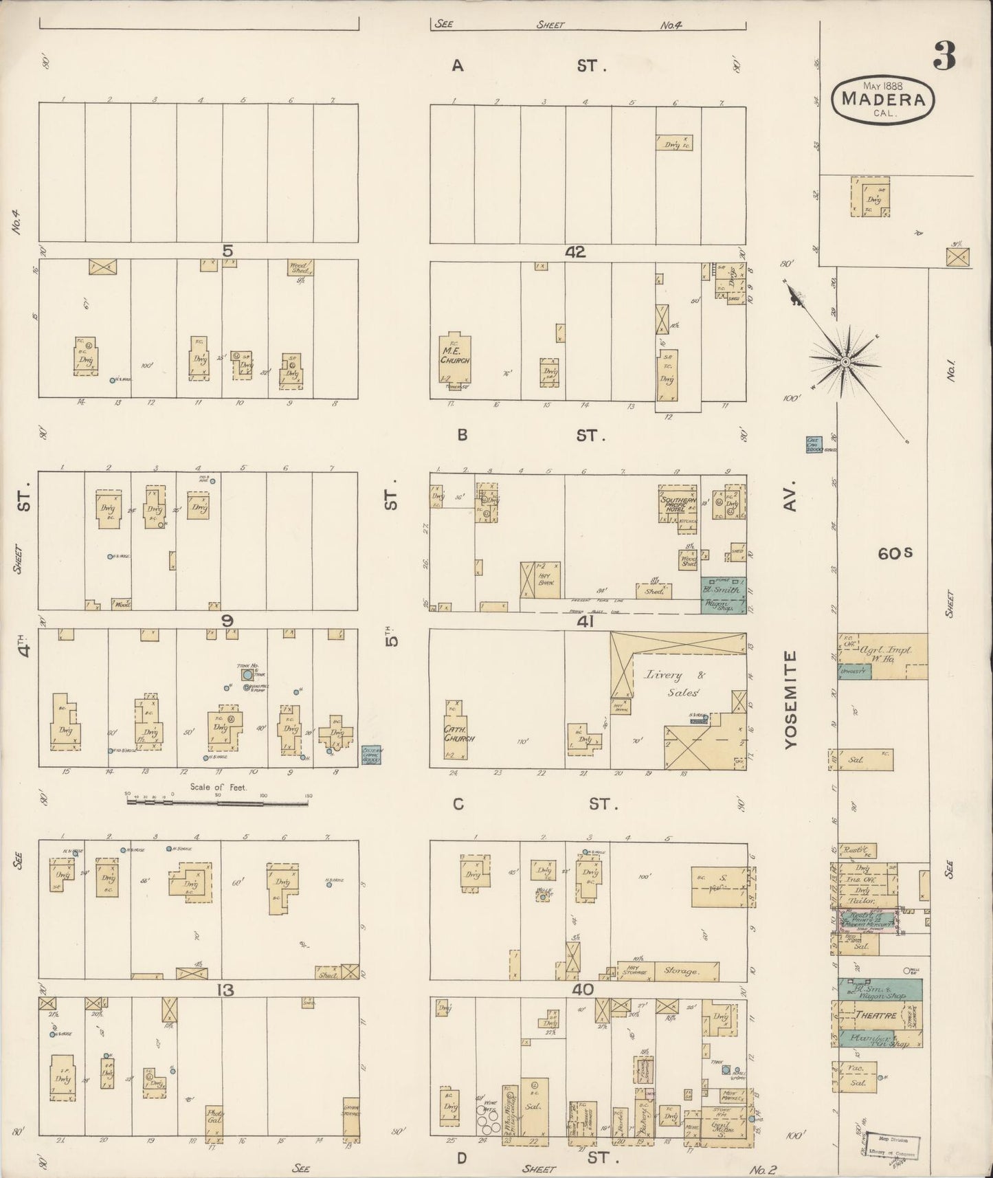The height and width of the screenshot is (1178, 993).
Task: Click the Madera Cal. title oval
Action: point(883,100)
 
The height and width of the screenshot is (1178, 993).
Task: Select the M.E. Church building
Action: point(455,358)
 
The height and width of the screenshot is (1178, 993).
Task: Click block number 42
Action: point(574,252)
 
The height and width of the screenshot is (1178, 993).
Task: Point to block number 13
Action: point(226,990)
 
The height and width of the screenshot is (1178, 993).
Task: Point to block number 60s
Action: point(894,553)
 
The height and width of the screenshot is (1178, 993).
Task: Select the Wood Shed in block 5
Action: point(300,267)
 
